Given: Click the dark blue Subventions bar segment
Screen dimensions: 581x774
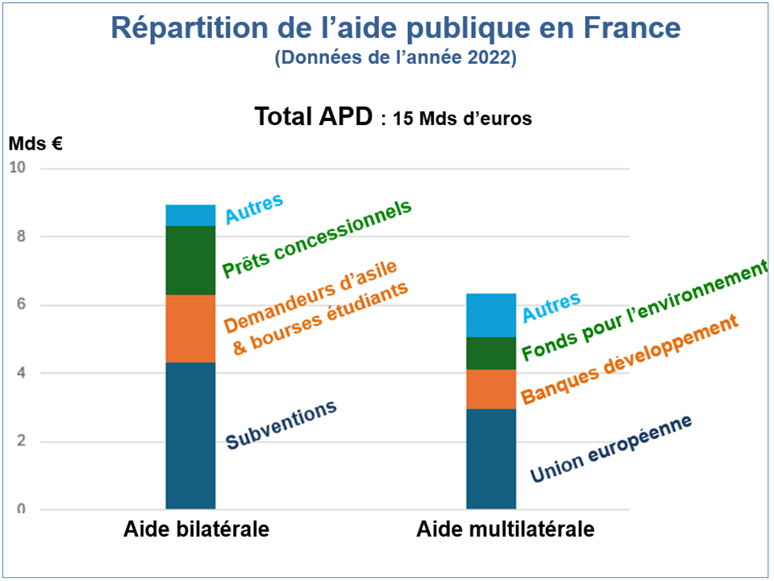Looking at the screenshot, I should point(190,436).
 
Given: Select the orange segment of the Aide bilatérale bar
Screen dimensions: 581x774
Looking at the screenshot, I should point(190,328).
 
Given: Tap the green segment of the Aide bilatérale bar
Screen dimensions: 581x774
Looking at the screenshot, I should point(190,260).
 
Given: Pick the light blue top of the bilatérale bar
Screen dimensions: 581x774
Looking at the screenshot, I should point(190,215).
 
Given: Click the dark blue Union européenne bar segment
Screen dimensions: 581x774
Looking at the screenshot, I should point(491,459).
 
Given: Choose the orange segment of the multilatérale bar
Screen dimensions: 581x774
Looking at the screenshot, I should point(491,389).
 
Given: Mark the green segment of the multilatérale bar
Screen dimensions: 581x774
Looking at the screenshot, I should point(491,353).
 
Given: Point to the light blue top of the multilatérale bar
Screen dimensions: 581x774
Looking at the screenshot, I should point(491,315).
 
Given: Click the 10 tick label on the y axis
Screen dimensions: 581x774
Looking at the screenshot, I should point(18,168).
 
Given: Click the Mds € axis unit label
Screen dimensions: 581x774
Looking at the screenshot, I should point(35,144).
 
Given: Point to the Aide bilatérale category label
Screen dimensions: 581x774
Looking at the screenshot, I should point(196,530).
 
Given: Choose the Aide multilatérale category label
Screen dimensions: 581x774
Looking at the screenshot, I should point(506,530).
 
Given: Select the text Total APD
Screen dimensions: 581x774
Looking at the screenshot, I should point(314,117).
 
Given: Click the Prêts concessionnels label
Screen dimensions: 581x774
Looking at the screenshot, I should point(317,239).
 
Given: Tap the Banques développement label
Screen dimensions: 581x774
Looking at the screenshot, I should point(630,360).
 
